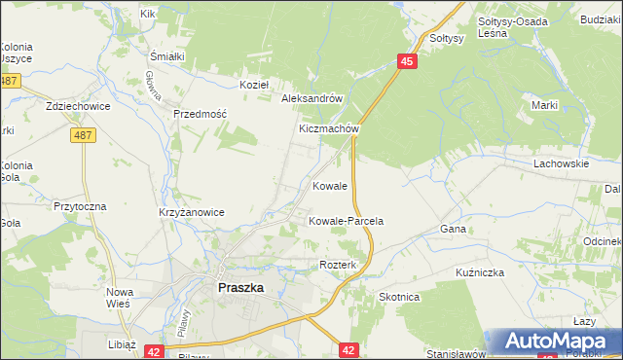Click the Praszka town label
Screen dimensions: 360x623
click(x=239, y=288)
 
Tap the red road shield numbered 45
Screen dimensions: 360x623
click(x=408, y=61)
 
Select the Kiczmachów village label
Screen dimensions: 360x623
click(x=330, y=128)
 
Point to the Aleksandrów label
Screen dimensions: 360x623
click(x=311, y=99)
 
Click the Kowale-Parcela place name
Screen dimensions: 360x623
click(x=346, y=222)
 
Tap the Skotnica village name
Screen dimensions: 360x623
click(x=399, y=297)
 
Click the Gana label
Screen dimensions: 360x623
click(x=454, y=229)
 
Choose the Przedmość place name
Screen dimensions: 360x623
click(x=200, y=114)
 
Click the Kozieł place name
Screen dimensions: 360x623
click(x=254, y=85)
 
